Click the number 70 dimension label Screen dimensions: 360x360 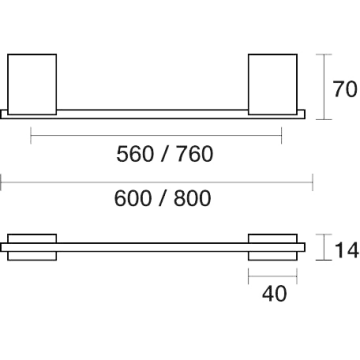[x=345, y=89]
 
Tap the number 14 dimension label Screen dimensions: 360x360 [x=347, y=250]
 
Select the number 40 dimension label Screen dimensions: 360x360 [x=274, y=294]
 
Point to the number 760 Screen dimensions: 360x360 [x=195, y=154]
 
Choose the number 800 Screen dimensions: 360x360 [x=192, y=198]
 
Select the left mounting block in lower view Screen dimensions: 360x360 [x=32, y=247]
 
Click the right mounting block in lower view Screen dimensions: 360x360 [x=273, y=247]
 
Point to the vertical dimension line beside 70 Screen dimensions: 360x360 [x=324, y=87]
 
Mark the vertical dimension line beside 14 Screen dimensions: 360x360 [x=324, y=247]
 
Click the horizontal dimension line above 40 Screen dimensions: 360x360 [x=273, y=276]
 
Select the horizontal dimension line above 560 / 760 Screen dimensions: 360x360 [x=156, y=135]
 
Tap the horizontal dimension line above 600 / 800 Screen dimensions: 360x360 [x=157, y=182]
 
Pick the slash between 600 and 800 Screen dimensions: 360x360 [x=163, y=198]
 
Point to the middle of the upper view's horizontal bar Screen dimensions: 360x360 [x=153, y=114]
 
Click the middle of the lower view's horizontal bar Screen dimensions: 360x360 [x=153, y=247]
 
